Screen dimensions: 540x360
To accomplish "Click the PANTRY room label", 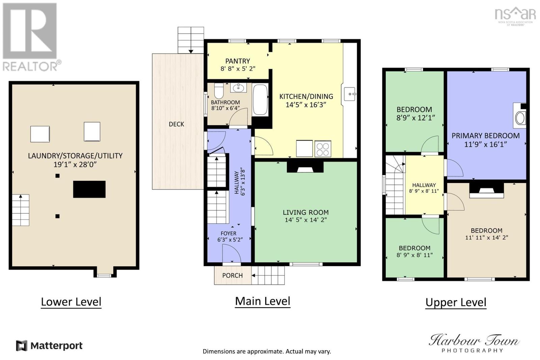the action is pyautogui.click(x=238, y=61).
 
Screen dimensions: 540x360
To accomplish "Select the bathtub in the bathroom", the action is pyautogui.click(x=260, y=100).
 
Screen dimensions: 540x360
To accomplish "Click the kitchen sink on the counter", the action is pyautogui.click(x=350, y=94).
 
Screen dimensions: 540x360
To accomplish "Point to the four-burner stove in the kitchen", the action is pyautogui.click(x=323, y=149).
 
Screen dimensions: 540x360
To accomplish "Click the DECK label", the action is pyautogui.click(x=177, y=124).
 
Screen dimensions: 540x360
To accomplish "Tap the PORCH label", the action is pyautogui.click(x=233, y=276).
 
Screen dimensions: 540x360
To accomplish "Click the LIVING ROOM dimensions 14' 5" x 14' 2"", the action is pyautogui.click(x=306, y=220).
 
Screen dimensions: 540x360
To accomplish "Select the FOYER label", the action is pyautogui.click(x=228, y=233).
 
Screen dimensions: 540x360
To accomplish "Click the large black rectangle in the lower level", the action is pyautogui.click(x=89, y=189).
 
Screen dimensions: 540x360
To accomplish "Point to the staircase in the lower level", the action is pyautogui.click(x=21, y=210).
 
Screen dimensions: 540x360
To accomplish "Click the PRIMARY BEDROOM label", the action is pyautogui.click(x=486, y=136).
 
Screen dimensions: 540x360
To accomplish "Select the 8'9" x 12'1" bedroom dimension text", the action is pyautogui.click(x=416, y=118).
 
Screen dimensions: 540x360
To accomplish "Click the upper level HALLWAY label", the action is pyautogui.click(x=424, y=185).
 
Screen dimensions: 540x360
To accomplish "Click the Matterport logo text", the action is pyautogui.click(x=57, y=346).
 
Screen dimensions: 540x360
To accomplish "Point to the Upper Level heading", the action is pyautogui.click(x=456, y=302).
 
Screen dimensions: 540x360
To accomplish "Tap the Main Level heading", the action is pyautogui.click(x=263, y=301).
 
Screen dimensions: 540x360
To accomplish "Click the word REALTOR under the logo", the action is pyautogui.click(x=30, y=66).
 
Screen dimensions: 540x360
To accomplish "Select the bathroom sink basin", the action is pyautogui.click(x=238, y=88).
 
